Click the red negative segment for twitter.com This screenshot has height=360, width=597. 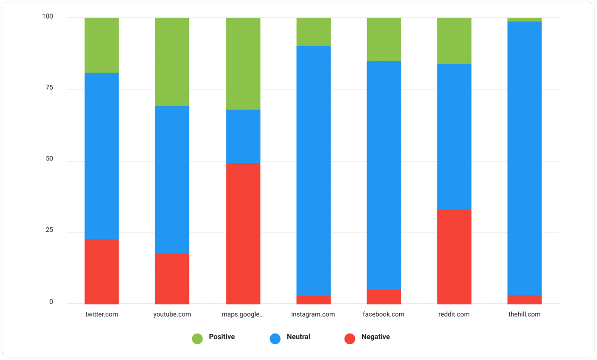(102, 271)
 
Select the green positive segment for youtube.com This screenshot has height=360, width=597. (172, 62)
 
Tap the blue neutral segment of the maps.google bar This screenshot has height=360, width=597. (243, 136)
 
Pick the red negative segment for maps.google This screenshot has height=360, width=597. (243, 233)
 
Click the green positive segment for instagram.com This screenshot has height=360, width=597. (313, 31)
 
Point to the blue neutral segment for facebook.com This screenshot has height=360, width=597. (384, 175)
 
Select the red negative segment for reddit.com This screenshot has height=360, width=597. (454, 256)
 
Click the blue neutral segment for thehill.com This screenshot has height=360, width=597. (525, 158)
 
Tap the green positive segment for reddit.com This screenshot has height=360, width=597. (454, 41)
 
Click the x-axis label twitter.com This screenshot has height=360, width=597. (102, 314)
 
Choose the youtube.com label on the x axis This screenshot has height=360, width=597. (172, 314)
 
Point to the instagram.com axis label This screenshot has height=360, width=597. (313, 314)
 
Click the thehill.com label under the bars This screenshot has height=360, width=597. (524, 314)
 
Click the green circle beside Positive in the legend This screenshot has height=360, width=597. (197, 339)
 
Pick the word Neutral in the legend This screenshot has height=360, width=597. (298, 337)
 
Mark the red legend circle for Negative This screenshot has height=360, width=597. (350, 339)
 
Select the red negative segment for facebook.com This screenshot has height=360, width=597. (384, 297)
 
